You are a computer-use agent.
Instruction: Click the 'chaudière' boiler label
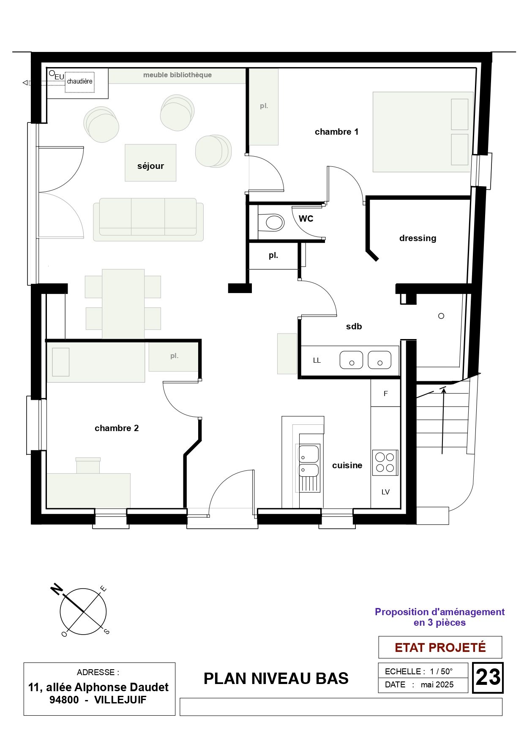79,81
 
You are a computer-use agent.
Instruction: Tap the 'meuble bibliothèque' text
177,75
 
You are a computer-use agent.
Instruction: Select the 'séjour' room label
150,166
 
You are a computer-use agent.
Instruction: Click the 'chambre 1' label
336,132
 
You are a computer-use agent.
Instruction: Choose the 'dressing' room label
418,238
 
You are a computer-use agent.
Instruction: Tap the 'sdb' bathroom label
354,326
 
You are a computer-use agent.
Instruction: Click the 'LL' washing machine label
317,361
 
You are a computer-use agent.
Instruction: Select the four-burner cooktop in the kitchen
385,462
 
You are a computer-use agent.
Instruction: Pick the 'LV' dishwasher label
385,492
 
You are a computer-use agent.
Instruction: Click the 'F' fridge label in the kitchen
385,394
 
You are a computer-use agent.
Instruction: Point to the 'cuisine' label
347,465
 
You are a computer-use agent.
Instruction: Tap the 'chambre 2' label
117,428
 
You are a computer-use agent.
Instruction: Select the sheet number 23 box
488,678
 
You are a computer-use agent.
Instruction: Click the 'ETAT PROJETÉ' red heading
440,647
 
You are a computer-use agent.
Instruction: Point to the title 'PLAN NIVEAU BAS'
276,679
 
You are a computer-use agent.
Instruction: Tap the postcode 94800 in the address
64,700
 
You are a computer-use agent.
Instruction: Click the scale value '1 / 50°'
441,671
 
